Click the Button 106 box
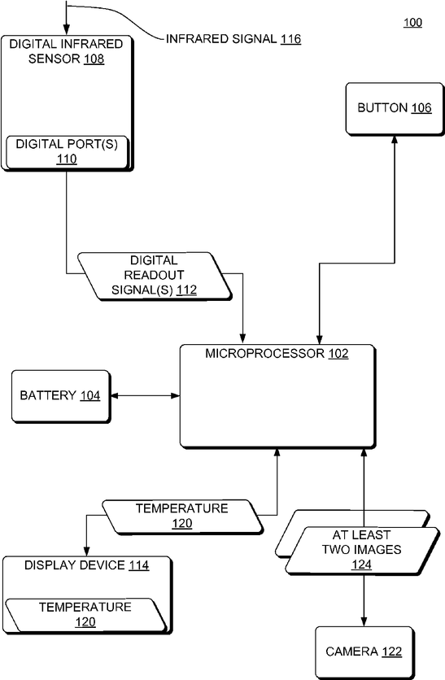click(x=395, y=109)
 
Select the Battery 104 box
click(x=61, y=396)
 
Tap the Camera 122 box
click(x=364, y=652)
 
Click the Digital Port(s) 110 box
click(x=67, y=152)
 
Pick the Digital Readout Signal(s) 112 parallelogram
click(x=155, y=276)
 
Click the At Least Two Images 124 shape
click(x=362, y=551)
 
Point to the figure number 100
click(x=412, y=23)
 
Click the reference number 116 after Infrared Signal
click(x=290, y=39)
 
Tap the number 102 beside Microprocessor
click(x=338, y=354)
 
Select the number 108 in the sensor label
click(x=94, y=59)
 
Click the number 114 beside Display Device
click(x=139, y=565)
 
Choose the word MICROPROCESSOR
click(x=265, y=354)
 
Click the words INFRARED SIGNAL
click(x=221, y=39)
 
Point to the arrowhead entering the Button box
click(x=395, y=140)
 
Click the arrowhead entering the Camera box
click(x=364, y=621)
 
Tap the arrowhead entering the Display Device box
click(x=87, y=551)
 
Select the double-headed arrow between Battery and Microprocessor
click(x=146, y=395)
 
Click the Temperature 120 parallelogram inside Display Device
click(x=85, y=615)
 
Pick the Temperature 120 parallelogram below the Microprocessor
click(x=182, y=516)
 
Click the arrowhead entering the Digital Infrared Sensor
click(x=67, y=30)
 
